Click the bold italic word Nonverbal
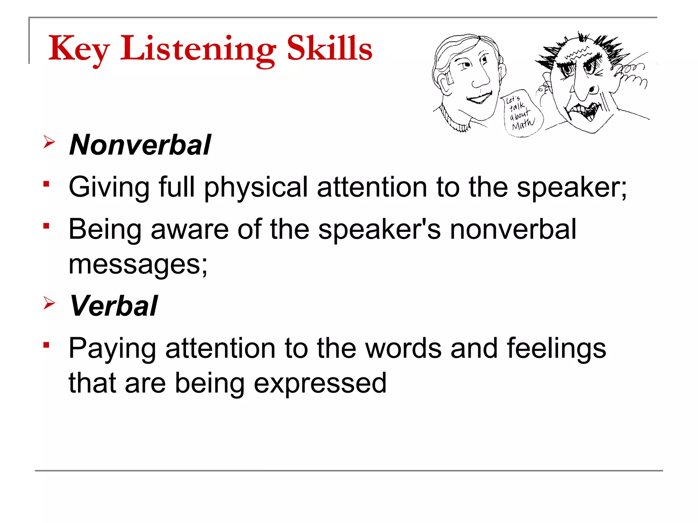click(x=140, y=145)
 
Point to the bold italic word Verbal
click(x=113, y=306)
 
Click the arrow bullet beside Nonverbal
click(x=49, y=142)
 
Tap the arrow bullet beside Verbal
click(x=49, y=303)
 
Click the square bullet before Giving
click(x=47, y=184)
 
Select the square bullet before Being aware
click(x=47, y=226)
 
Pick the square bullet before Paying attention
click(x=47, y=345)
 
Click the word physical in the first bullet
click(x=256, y=187)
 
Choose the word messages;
click(x=138, y=265)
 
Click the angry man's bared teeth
click(x=585, y=111)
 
